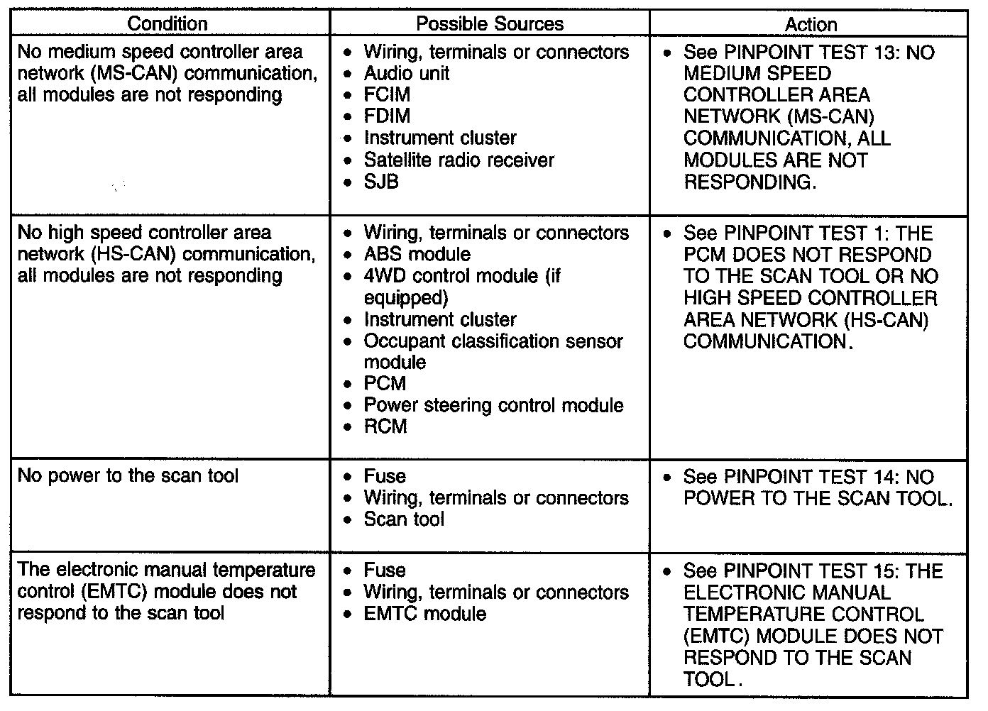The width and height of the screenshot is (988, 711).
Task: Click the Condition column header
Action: pyautogui.click(x=168, y=23)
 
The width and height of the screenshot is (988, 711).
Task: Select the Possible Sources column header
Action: pyautogui.click(x=490, y=23)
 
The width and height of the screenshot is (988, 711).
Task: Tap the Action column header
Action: pyautogui.click(x=811, y=24)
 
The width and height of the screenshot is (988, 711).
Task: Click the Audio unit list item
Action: pyautogui.click(x=406, y=73)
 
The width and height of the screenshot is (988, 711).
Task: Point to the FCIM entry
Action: pyautogui.click(x=387, y=94)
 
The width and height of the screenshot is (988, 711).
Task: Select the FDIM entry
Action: pyautogui.click(x=387, y=116)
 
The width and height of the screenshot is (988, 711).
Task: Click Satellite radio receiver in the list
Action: pyautogui.click(x=459, y=160)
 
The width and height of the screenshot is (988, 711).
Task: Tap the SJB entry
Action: pyautogui.click(x=381, y=182)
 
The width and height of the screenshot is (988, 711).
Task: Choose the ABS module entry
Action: pyautogui.click(x=417, y=254)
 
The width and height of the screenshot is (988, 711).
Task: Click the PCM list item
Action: pyautogui.click(x=385, y=383)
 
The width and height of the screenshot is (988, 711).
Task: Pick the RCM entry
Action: pyautogui.click(x=385, y=426)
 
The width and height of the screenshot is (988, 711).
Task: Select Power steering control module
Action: pyautogui.click(x=493, y=405)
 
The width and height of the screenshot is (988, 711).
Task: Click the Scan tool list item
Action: pyautogui.click(x=404, y=519)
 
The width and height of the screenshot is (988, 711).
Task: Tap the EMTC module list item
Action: pyautogui.click(x=424, y=614)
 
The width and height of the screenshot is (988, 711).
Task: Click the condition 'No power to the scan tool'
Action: pyautogui.click(x=128, y=475)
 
